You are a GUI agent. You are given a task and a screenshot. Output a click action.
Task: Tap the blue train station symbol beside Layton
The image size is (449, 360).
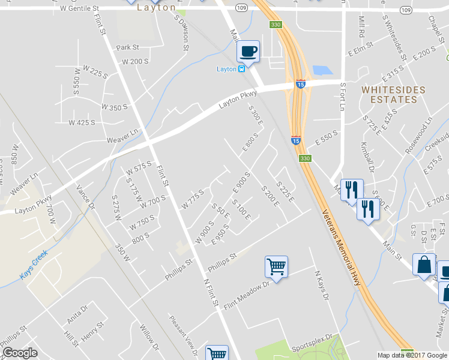coord(241,68)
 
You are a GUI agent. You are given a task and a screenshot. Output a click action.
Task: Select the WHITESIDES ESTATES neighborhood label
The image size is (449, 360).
coord(393,95)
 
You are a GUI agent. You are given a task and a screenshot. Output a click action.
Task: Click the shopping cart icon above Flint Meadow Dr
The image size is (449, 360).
coord(276,266)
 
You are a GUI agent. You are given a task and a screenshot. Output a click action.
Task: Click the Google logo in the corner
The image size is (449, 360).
coord(20,353)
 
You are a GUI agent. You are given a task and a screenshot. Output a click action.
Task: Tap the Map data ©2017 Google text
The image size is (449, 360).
coord(411,355)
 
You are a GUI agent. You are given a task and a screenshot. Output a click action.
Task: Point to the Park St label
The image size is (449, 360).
coord(128,47)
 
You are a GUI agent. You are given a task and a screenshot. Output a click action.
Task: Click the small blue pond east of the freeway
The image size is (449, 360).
coord(322,70)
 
